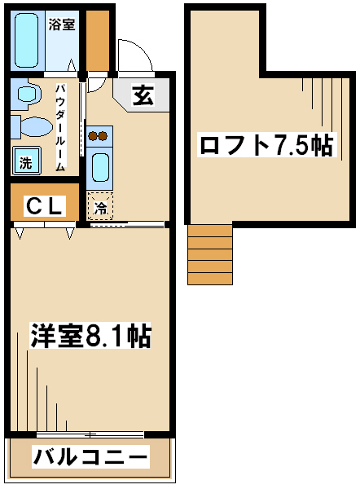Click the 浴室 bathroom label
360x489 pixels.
tap(62, 24)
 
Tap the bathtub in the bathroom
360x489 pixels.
tap(27, 40)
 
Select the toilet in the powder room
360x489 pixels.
tap(32, 127)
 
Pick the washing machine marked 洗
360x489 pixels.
tap(27, 161)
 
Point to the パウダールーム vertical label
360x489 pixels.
tap(60, 128)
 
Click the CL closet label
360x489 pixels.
tap(45, 206)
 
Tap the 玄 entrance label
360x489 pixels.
tap(143, 95)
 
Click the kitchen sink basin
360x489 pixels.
tap(100, 168)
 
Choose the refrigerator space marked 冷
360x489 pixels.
tap(100, 206)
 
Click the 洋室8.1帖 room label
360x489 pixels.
tap(90, 336)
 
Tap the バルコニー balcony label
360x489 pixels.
tap(90, 457)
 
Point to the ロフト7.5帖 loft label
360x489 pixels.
tap(267, 145)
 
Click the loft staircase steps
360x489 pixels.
tap(210, 254)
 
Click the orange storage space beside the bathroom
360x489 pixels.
tap(98, 40)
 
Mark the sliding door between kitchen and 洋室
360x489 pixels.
tap(127, 224)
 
